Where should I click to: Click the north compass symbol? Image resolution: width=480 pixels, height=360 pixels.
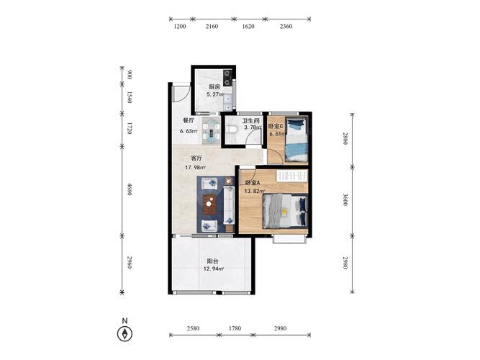tap(124, 333)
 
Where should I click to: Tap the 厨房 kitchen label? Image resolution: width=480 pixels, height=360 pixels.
tap(214, 86)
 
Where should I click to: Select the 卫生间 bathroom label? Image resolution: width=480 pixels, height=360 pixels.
tap(250, 121)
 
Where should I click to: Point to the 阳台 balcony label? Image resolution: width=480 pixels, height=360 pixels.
tap(212, 261)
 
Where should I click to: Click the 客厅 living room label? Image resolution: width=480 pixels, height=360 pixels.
tap(196, 158)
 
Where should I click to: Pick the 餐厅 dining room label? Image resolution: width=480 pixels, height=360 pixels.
tap(189, 120)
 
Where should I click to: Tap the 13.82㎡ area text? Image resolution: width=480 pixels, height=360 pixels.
tap(254, 191)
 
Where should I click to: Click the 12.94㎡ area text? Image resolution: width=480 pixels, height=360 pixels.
tap(213, 269)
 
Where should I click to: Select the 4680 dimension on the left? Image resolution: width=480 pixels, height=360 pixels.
tap(130, 189)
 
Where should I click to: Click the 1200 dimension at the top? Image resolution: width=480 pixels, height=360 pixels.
tap(180, 27)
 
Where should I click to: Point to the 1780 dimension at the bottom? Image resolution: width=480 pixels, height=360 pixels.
tap(235, 328)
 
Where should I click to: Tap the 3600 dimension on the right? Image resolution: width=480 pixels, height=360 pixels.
tap(345, 199)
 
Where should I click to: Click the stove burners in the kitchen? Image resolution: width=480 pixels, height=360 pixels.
tap(227, 78)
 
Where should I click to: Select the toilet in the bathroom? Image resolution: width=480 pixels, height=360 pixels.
tap(232, 129)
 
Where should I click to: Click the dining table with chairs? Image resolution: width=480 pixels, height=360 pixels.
tap(212, 130)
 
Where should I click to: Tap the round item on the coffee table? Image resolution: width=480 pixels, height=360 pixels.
tap(209, 204)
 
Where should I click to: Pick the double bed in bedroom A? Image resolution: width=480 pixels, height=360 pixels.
tap(285, 212)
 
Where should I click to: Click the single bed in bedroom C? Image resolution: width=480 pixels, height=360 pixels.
tap(296, 140)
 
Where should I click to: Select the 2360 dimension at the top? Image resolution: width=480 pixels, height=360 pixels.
tap(286, 27)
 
